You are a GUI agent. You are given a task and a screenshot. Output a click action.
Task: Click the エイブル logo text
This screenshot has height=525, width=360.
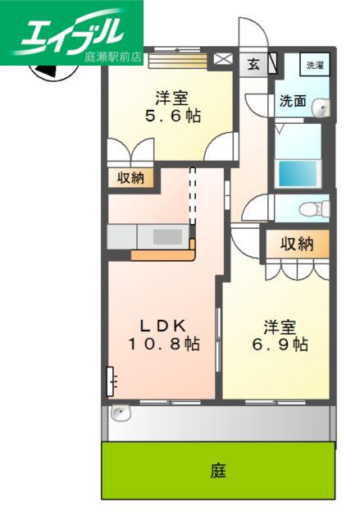pos(71,32)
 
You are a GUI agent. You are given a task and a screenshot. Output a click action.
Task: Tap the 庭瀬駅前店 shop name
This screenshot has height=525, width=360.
pos(112,57)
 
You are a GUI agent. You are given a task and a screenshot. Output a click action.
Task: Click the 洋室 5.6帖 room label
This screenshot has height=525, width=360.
pos(172,107)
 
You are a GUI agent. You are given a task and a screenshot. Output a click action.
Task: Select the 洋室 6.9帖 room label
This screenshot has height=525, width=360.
pos(280,336)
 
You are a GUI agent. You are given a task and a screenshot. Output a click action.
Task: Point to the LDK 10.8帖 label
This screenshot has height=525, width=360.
pos(165,336)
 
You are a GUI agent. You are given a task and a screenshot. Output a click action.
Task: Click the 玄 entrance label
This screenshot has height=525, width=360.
pos(253,64)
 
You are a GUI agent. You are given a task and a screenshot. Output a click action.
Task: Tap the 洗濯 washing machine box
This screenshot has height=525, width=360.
pos(315,64)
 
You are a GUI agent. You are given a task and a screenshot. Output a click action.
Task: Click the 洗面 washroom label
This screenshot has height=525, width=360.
pos(293,100)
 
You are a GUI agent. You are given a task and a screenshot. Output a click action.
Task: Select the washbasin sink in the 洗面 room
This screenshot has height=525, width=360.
pos(321,107)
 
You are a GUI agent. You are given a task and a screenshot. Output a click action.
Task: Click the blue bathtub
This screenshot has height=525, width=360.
pos(298,173)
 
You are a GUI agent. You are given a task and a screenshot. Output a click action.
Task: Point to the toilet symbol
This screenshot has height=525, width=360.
pos(314,209)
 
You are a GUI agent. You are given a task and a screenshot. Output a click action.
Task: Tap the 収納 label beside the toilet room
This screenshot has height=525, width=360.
pos(297,244)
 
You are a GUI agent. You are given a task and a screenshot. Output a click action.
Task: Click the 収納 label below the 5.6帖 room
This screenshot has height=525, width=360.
pos(130,178)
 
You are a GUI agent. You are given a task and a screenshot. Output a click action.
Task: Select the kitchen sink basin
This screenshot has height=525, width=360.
pos(168,237)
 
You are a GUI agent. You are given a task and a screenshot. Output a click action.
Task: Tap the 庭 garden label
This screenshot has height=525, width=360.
pos(218,470)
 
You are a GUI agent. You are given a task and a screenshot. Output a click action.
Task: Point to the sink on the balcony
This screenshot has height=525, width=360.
pos(121,413)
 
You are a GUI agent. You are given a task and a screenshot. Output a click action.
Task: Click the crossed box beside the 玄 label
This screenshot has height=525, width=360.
pos(223,59)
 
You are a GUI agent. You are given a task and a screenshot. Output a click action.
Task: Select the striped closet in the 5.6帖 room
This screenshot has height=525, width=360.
pos(178,61)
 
